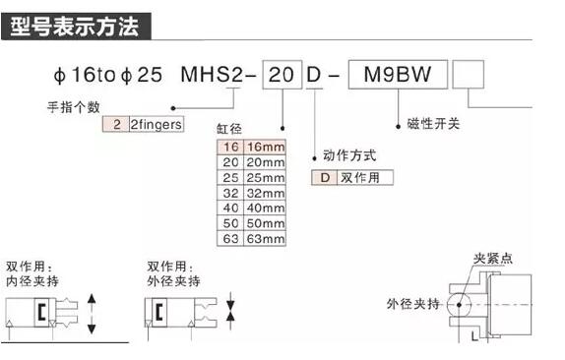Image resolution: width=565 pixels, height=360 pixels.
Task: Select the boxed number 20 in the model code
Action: [282, 75]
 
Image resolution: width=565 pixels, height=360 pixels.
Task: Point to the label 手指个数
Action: [75, 105]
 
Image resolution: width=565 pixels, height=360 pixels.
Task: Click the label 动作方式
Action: [349, 155]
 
